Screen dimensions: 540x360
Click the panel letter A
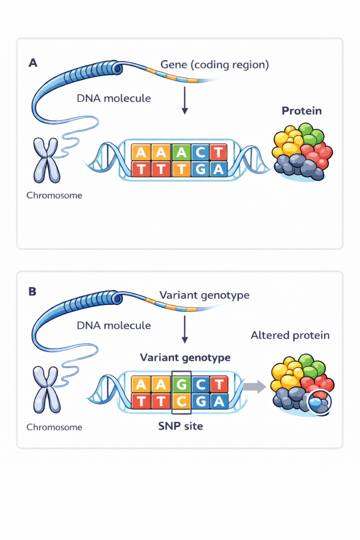[33, 63]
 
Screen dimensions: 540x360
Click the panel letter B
[33, 291]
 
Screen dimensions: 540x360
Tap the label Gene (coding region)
[215, 65]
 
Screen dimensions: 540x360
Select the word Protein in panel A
[301, 111]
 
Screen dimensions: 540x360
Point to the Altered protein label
[290, 335]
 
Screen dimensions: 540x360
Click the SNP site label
[181, 426]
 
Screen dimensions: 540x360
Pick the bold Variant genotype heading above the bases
[185, 358]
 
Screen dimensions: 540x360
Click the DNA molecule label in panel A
[114, 98]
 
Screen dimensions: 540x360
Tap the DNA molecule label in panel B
[114, 325]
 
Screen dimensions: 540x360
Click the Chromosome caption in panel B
[54, 427]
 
